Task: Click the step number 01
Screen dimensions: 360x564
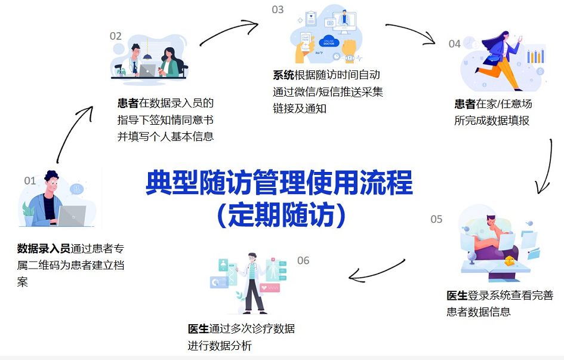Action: coord(30,180)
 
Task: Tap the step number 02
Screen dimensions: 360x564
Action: coord(115,36)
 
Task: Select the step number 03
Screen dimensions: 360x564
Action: coord(278,10)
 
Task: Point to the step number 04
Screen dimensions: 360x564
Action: coord(455,44)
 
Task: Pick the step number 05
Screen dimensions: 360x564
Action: coord(436,219)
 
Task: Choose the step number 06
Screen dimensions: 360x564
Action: coord(303,260)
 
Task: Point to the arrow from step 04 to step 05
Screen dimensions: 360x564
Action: coord(545,167)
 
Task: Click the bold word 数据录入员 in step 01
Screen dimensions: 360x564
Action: coord(44,248)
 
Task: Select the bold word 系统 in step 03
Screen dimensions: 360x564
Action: coord(283,75)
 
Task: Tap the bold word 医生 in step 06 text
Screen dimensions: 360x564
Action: coord(198,328)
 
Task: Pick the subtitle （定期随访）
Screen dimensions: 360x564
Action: coord(279,215)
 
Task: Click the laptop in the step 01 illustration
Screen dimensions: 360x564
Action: coord(70,215)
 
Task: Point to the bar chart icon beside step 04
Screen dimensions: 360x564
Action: coord(535,56)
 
